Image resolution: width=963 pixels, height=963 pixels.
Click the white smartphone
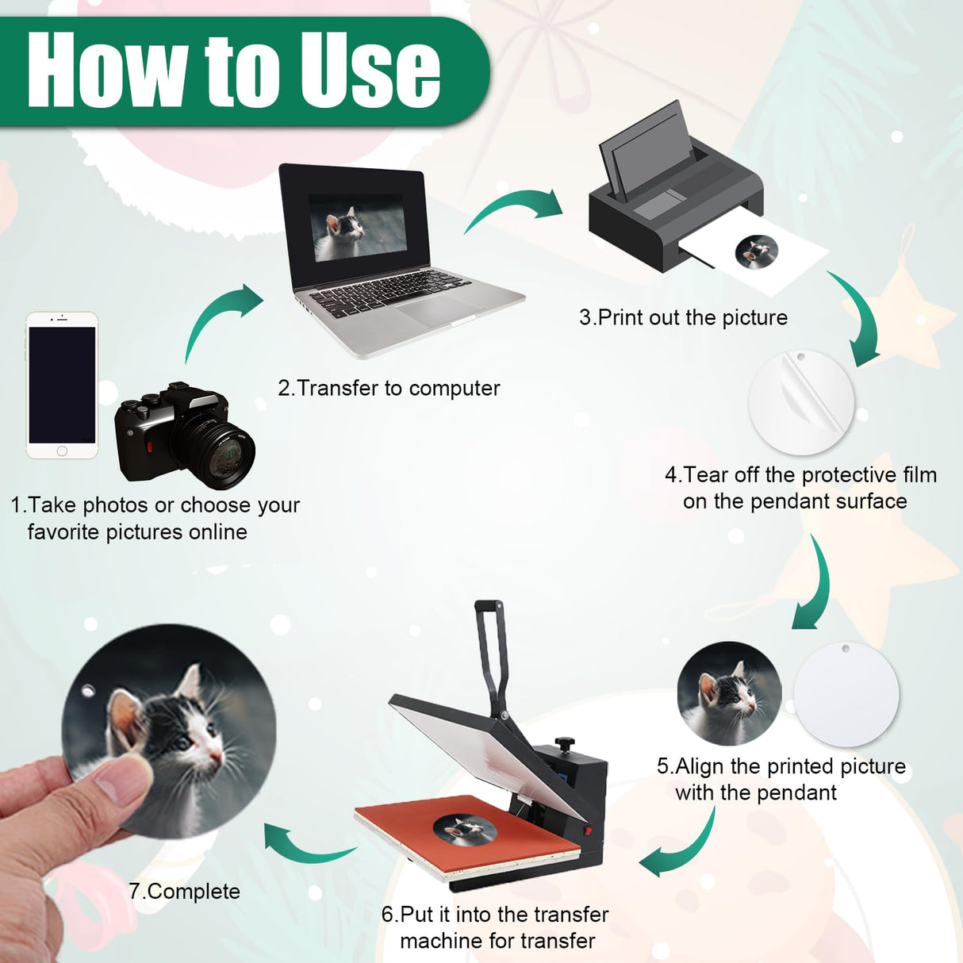tap(62, 386)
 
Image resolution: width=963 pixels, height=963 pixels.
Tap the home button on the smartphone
tap(62, 451)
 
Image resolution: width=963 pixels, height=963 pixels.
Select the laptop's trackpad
tap(435, 309)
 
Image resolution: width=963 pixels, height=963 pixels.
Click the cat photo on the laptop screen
tap(357, 228)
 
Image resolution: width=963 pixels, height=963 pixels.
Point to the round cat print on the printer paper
tap(757, 252)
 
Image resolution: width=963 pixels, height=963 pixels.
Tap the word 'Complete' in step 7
tap(194, 891)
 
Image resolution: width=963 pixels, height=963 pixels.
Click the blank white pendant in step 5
tap(846, 694)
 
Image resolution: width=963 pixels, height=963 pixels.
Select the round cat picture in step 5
tap(730, 693)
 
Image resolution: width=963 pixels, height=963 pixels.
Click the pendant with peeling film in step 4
tap(802, 403)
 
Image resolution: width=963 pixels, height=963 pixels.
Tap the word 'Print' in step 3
tap(620, 317)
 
